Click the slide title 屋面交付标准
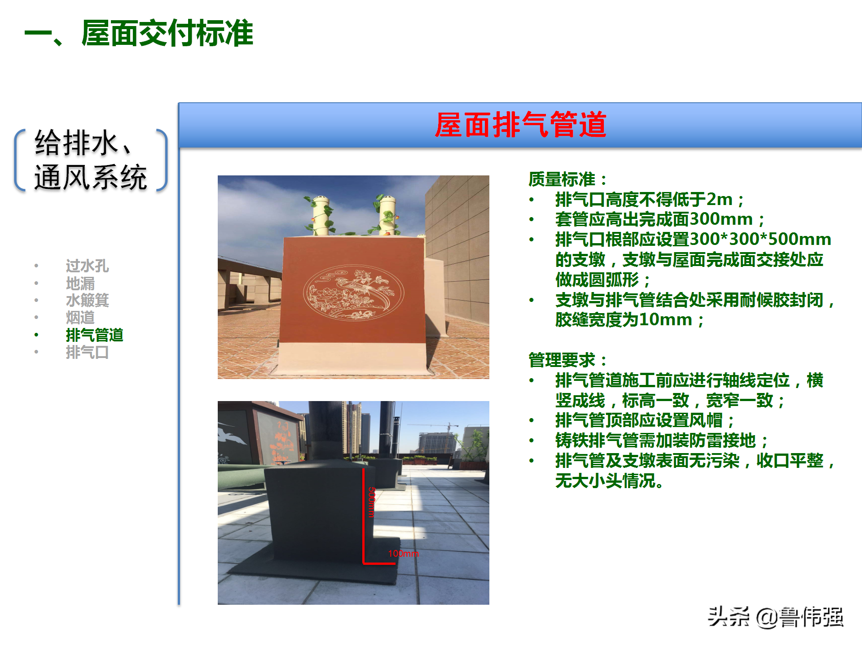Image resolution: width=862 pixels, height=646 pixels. pos(167,34)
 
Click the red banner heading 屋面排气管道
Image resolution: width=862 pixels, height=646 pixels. pos(520,125)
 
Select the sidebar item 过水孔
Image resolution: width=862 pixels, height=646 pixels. pos(87,266)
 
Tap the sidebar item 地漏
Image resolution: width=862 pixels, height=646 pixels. pos(80,284)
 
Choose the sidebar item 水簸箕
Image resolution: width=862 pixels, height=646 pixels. pos(87,301)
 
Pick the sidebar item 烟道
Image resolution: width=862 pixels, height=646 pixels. pos(80,318)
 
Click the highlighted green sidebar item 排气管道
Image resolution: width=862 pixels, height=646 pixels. pos(94,335)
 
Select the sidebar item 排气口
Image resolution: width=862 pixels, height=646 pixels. pos(87,353)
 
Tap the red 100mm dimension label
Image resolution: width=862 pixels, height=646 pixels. pos(403,554)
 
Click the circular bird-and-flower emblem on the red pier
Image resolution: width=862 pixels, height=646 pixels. pos(353,292)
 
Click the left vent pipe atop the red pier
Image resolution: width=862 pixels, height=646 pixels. pos(321,215)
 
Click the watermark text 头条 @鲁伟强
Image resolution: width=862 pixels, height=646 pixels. pos(775,617)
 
